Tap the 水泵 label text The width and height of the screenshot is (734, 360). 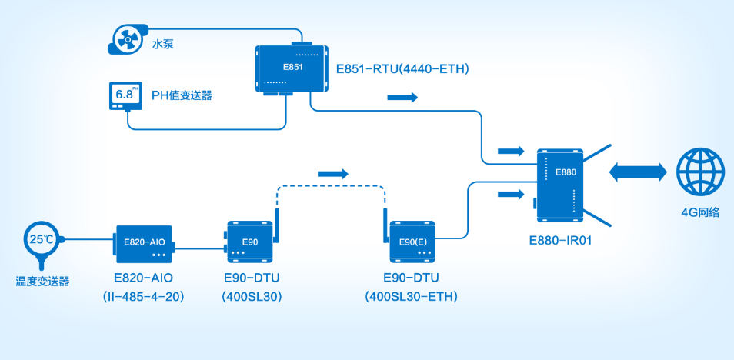(162, 44)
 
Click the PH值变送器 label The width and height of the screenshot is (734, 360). (182, 96)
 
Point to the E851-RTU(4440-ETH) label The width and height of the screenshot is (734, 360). (402, 68)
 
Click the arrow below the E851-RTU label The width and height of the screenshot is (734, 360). (402, 98)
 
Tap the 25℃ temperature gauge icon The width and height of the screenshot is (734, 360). (41, 241)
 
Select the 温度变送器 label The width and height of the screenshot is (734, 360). (42, 282)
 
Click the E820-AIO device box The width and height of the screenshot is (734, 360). (145, 243)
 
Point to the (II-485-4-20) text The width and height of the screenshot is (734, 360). (144, 296)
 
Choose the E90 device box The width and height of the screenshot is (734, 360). (249, 241)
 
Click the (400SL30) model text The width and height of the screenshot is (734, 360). (251, 296)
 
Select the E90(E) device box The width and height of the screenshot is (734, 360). (413, 241)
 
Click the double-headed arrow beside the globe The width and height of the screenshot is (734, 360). (638, 172)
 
